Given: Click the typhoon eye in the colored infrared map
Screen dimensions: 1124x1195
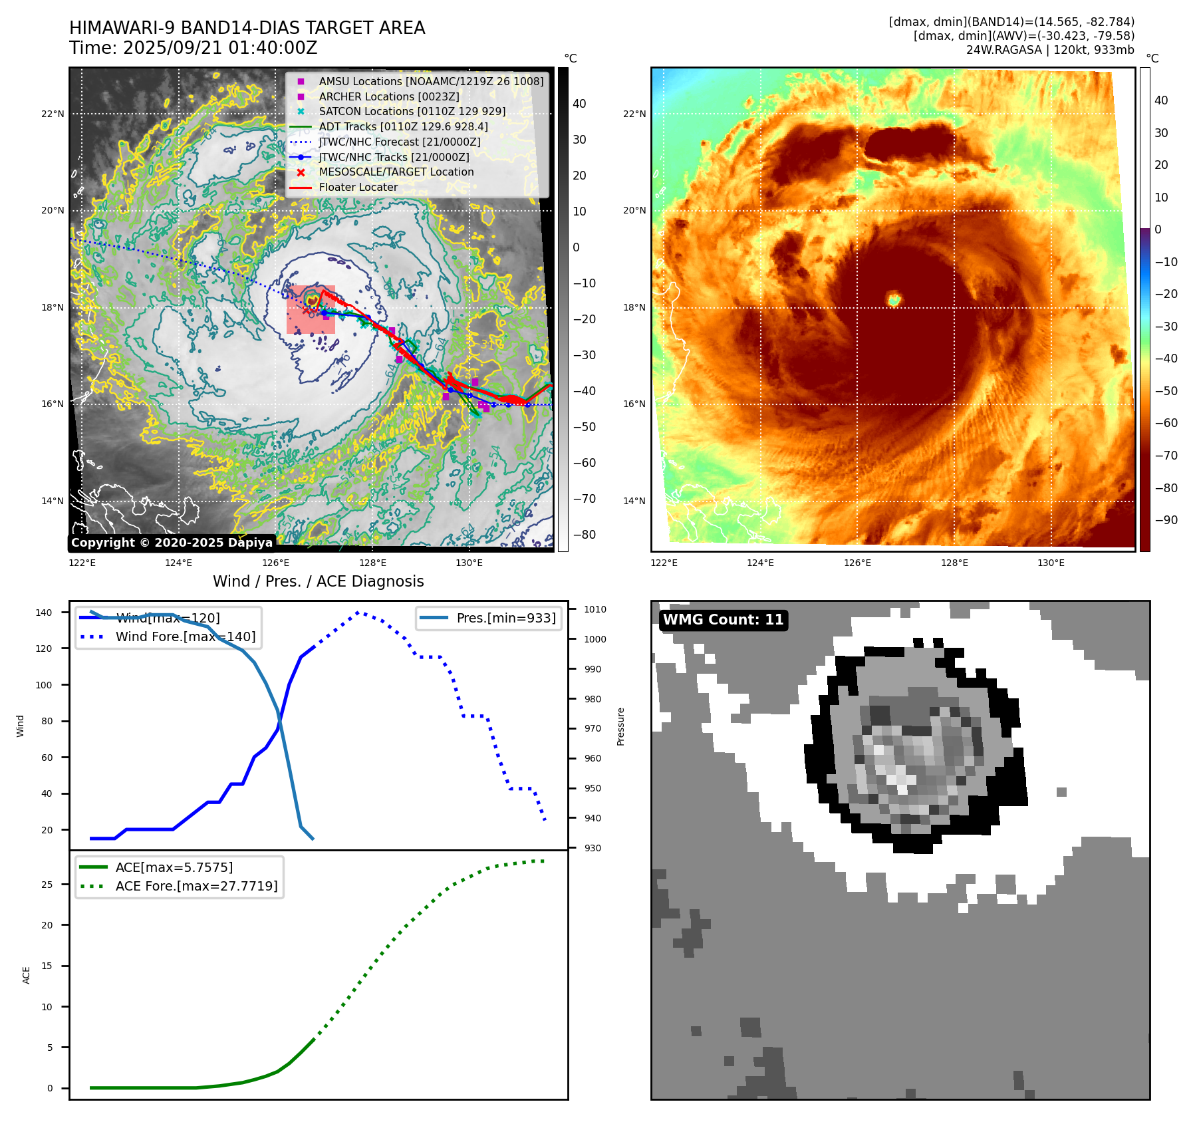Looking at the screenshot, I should coord(893,299).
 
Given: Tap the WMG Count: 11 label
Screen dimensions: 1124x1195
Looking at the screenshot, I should coord(723,620).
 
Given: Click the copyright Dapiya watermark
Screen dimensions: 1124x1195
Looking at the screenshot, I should coord(172,543).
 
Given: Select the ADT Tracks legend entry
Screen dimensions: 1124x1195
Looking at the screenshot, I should coord(403,126).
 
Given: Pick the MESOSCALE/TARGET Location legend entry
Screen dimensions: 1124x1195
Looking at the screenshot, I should coord(396,172).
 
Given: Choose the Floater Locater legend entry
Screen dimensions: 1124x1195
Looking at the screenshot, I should coord(358,187).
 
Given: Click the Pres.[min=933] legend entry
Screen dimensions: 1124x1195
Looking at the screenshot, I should coord(505,618).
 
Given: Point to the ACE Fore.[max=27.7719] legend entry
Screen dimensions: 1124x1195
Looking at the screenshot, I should coord(196,886).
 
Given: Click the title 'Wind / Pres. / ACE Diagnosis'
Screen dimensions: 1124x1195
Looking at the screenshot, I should coord(318,581).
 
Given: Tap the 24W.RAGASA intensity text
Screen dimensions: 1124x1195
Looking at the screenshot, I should coord(1050,50).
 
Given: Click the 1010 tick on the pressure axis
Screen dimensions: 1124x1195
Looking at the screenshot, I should coord(595,609).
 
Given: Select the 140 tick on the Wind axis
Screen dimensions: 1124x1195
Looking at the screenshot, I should coord(44,613).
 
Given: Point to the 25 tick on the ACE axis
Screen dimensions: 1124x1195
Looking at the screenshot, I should coord(47,885).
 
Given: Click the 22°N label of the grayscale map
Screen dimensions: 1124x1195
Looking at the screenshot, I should coord(53,114).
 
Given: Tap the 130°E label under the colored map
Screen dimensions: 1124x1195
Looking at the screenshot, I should coord(1051,563).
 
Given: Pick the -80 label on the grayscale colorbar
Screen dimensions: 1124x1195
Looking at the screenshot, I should coord(584,535).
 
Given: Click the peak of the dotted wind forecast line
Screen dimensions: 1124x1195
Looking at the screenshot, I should coord(358,612).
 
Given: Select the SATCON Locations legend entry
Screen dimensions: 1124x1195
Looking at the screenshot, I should coord(412,111).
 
